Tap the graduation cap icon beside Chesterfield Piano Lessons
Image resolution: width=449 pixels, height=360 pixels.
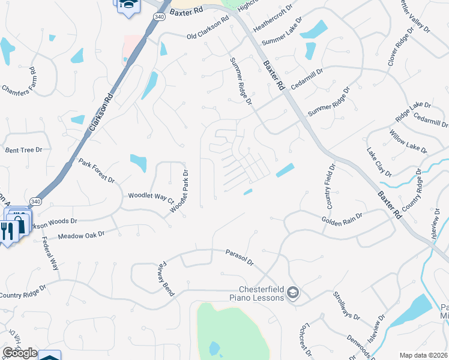[x=293, y=293]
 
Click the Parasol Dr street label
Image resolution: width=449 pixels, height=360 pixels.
[x=240, y=257]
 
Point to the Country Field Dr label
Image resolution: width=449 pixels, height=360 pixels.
[x=330, y=185]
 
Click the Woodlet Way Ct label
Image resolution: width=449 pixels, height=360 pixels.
[x=150, y=196]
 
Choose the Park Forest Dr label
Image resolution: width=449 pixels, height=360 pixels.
[x=96, y=171]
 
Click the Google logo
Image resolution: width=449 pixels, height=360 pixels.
[x=20, y=353]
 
